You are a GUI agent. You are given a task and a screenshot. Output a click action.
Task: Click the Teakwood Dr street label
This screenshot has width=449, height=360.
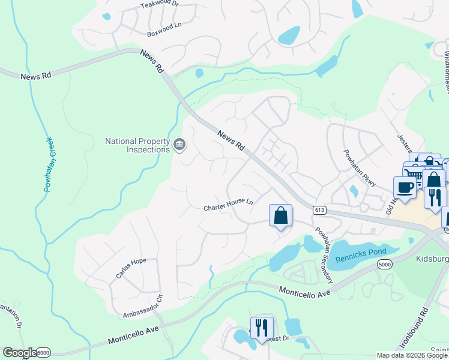[160, 4]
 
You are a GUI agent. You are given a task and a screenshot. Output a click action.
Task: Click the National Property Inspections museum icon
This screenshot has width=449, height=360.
[179, 145]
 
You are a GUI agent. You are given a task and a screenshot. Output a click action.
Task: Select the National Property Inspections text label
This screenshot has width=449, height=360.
[137, 146]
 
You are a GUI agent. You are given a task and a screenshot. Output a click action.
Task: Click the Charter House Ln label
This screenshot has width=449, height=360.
[228, 204]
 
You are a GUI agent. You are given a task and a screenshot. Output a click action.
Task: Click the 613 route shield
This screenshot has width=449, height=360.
[319, 209]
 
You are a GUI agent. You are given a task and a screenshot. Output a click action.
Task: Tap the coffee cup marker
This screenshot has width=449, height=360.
[405, 187]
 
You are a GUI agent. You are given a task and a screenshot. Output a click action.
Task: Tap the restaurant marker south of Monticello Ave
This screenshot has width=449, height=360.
[262, 328]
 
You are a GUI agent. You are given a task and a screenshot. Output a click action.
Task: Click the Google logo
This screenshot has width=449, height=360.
[20, 353]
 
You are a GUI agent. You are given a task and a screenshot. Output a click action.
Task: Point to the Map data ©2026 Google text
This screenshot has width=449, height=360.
[412, 355]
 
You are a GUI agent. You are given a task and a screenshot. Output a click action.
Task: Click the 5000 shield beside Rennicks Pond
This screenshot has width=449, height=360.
[385, 264]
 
